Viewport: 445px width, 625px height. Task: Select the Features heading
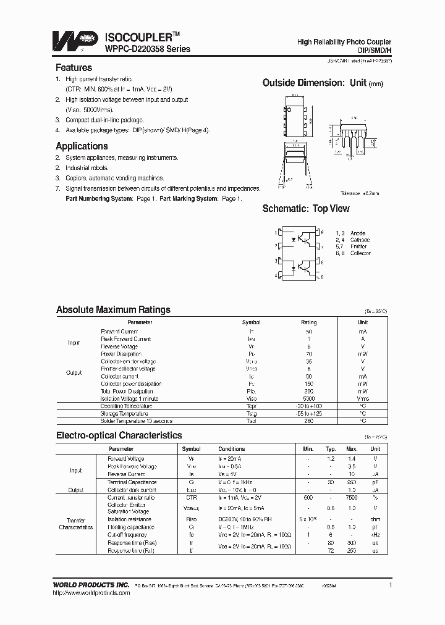click(x=74, y=68)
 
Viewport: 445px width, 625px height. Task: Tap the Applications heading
click(x=82, y=146)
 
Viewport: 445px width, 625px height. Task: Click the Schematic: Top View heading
click(x=306, y=209)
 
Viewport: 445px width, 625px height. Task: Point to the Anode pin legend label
click(x=358, y=233)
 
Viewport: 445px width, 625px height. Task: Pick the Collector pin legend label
click(x=360, y=253)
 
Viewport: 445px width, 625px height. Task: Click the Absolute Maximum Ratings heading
click(x=113, y=310)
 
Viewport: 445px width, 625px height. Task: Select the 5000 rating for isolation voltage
click(x=308, y=399)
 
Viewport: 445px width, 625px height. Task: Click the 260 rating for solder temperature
click(x=308, y=421)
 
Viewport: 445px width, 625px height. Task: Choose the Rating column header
click(x=308, y=322)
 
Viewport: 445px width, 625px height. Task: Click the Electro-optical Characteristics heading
click(x=119, y=435)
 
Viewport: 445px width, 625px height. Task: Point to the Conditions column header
click(x=232, y=449)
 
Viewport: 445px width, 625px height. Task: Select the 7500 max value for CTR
click(x=352, y=498)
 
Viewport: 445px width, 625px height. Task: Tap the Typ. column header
click(x=331, y=449)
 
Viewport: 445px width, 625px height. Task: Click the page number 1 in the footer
click(x=390, y=584)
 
